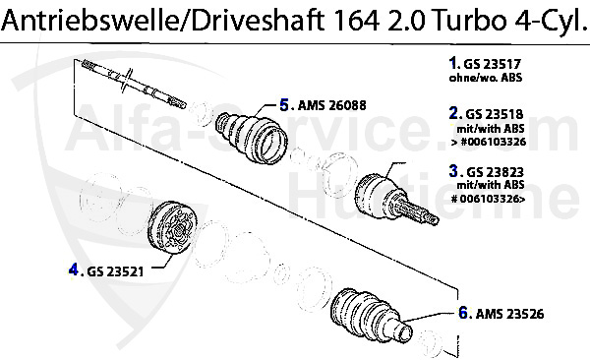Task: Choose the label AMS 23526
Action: click(x=508, y=315)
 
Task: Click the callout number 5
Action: click(x=284, y=103)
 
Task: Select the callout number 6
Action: click(x=462, y=315)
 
